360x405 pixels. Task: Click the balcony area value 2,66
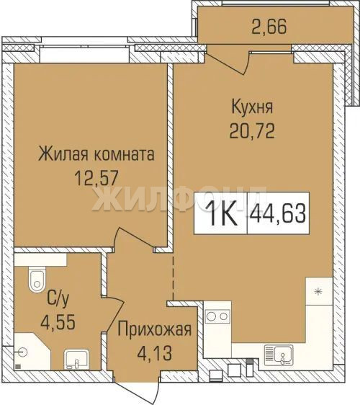pos(269,27)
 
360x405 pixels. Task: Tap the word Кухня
pos(252,107)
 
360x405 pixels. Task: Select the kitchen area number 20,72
pos(252,130)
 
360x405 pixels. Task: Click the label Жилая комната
pos(96,154)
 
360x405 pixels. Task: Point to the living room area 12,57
pos(96,179)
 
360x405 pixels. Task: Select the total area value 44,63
pos(279,213)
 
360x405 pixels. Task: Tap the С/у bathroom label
pos(58,300)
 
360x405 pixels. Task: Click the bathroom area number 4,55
pos(58,322)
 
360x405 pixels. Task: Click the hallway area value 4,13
pos(155,353)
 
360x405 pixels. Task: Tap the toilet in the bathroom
pos(37,280)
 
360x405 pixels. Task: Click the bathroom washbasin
pos(76,360)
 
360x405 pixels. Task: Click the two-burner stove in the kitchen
pos(217,316)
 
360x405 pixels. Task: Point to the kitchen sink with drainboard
pos(279,355)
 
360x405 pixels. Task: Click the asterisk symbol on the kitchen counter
pos(318,292)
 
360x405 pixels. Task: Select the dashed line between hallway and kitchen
pos(174,278)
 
